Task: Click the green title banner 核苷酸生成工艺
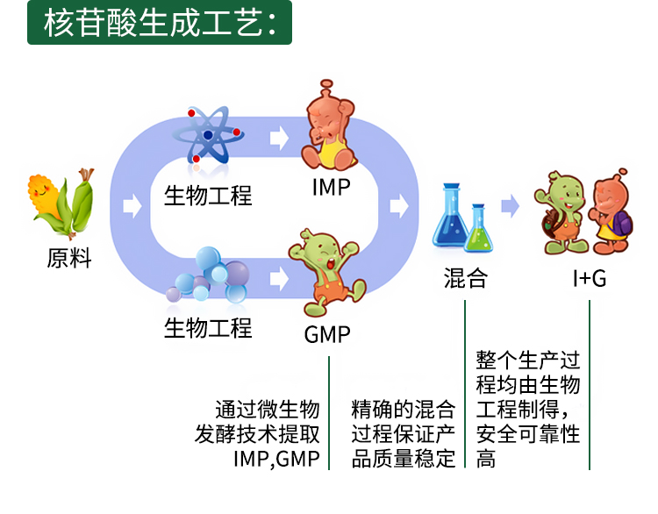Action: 160,22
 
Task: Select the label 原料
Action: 69,258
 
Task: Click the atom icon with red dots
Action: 209,135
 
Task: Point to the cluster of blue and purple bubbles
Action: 209,275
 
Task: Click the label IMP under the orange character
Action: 331,187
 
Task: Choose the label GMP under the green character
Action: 327,335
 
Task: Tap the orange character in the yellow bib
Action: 329,125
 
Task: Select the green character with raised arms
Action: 326,273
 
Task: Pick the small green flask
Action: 479,228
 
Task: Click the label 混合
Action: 466,278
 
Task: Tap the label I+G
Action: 590,278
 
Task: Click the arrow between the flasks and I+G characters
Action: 511,206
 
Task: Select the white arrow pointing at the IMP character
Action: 279,137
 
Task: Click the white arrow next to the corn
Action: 132,206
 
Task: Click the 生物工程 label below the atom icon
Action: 208,196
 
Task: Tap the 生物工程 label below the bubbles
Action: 208,328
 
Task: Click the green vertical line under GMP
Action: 329,413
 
